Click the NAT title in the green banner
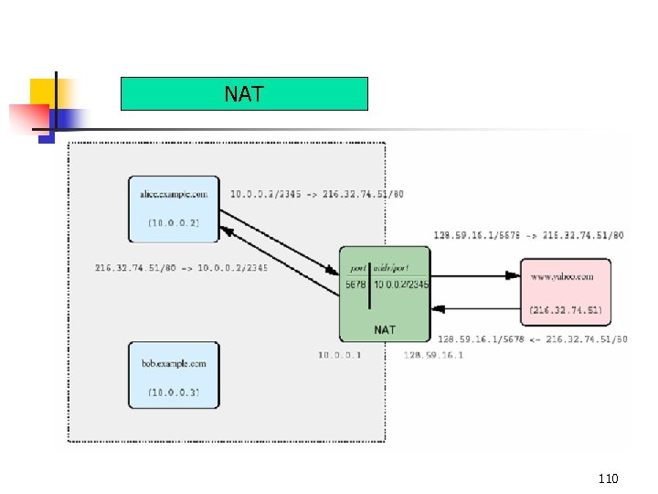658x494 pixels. coord(244,93)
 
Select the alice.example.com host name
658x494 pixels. coord(174,194)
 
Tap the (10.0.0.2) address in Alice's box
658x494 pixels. coord(174,222)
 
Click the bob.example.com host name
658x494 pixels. coord(174,363)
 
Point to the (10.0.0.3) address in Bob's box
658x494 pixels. coord(174,392)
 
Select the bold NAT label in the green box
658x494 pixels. coord(385,328)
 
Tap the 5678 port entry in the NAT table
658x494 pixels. coord(356,285)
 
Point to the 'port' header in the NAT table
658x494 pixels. coord(357,268)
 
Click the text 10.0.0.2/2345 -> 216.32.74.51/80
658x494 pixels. coord(317,194)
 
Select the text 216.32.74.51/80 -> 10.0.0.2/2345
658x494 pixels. coord(181,268)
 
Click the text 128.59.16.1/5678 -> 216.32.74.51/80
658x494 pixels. coord(529,235)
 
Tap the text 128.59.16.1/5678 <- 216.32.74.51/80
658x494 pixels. coord(532,339)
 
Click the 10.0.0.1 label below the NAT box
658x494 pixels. coord(340,354)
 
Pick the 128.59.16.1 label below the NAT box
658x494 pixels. coord(432,354)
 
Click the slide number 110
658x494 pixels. coord(608,478)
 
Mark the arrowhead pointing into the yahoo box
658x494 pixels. coord(515,274)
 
